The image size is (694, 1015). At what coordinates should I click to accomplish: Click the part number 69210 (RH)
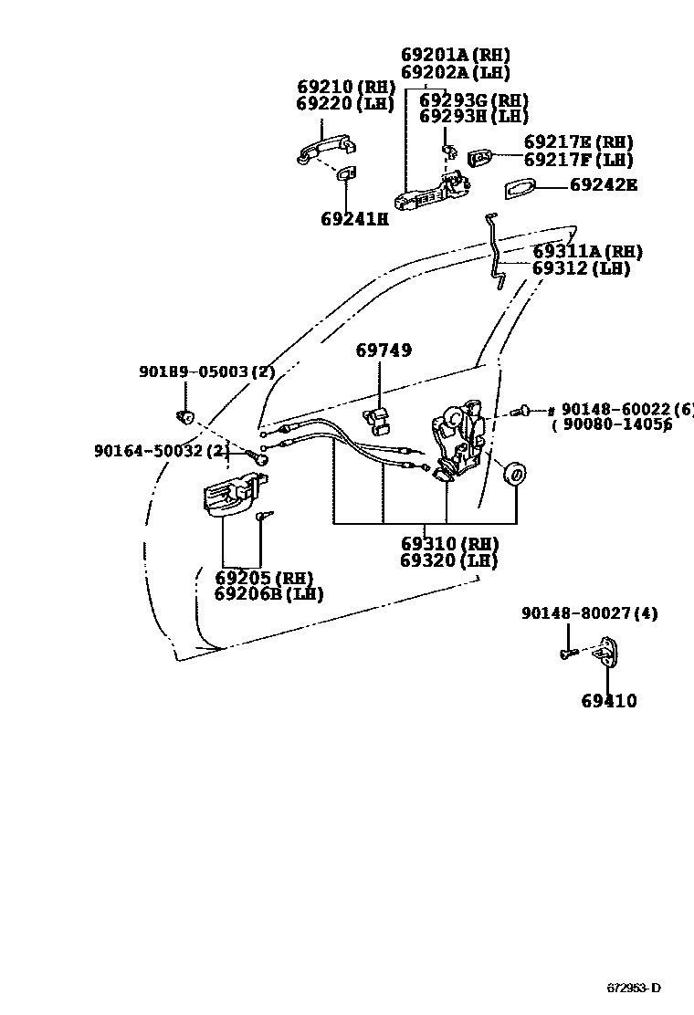345,88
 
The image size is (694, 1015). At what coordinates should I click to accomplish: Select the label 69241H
354,219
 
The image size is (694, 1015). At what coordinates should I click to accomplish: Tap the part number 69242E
604,185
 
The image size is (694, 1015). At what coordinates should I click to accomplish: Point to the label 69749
384,351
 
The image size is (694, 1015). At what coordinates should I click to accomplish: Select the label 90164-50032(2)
162,451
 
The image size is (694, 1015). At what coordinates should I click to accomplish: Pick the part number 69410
609,701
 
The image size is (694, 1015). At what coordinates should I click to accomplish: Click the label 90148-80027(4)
590,614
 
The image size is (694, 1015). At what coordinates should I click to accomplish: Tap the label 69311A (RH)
587,252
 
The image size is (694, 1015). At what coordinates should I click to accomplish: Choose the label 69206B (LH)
268,594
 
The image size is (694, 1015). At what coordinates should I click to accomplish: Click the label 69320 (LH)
448,560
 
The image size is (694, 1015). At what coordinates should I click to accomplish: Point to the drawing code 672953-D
634,989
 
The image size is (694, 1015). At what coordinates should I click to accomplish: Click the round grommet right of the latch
516,474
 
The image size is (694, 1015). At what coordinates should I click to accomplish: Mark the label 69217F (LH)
579,160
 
